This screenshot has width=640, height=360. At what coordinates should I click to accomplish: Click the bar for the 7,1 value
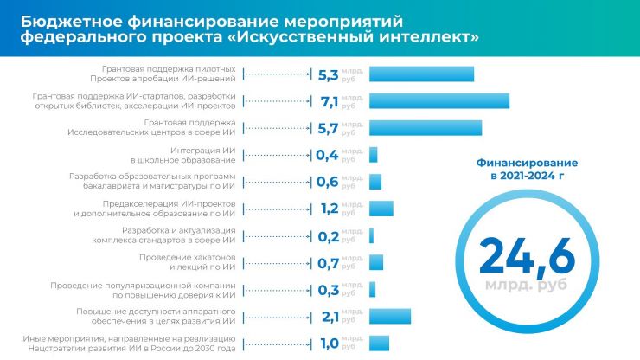pos(438,101)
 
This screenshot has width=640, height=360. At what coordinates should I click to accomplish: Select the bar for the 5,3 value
pos(421,74)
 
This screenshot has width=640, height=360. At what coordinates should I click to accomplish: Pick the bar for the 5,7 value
pos(425,128)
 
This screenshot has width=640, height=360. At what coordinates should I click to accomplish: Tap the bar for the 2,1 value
pos(389,316)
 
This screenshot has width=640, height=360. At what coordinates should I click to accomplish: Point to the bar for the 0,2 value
pos(371,235)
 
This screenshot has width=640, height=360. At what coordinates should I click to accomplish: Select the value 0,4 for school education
pos(326,155)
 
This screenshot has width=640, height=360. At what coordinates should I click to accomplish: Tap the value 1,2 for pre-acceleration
pos(327,209)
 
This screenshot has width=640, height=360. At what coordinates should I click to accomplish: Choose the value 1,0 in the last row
pos(327,343)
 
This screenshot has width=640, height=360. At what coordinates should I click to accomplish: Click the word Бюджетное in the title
pos(75,19)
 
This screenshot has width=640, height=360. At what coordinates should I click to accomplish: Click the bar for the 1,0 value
pos(379,343)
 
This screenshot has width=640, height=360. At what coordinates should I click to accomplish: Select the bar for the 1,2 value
pos(381,209)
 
